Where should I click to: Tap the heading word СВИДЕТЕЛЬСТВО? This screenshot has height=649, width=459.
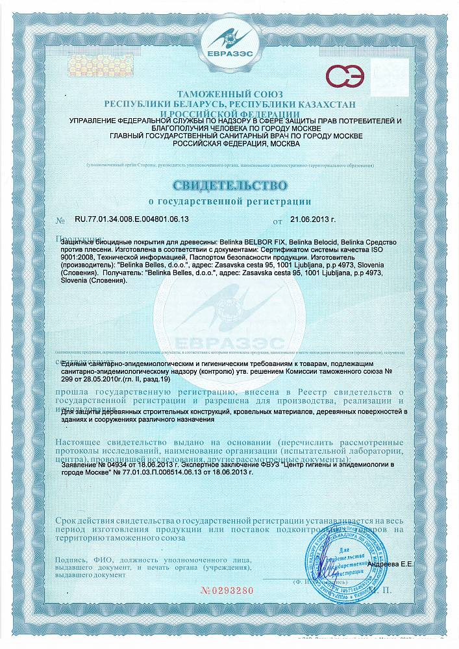[230, 186]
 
